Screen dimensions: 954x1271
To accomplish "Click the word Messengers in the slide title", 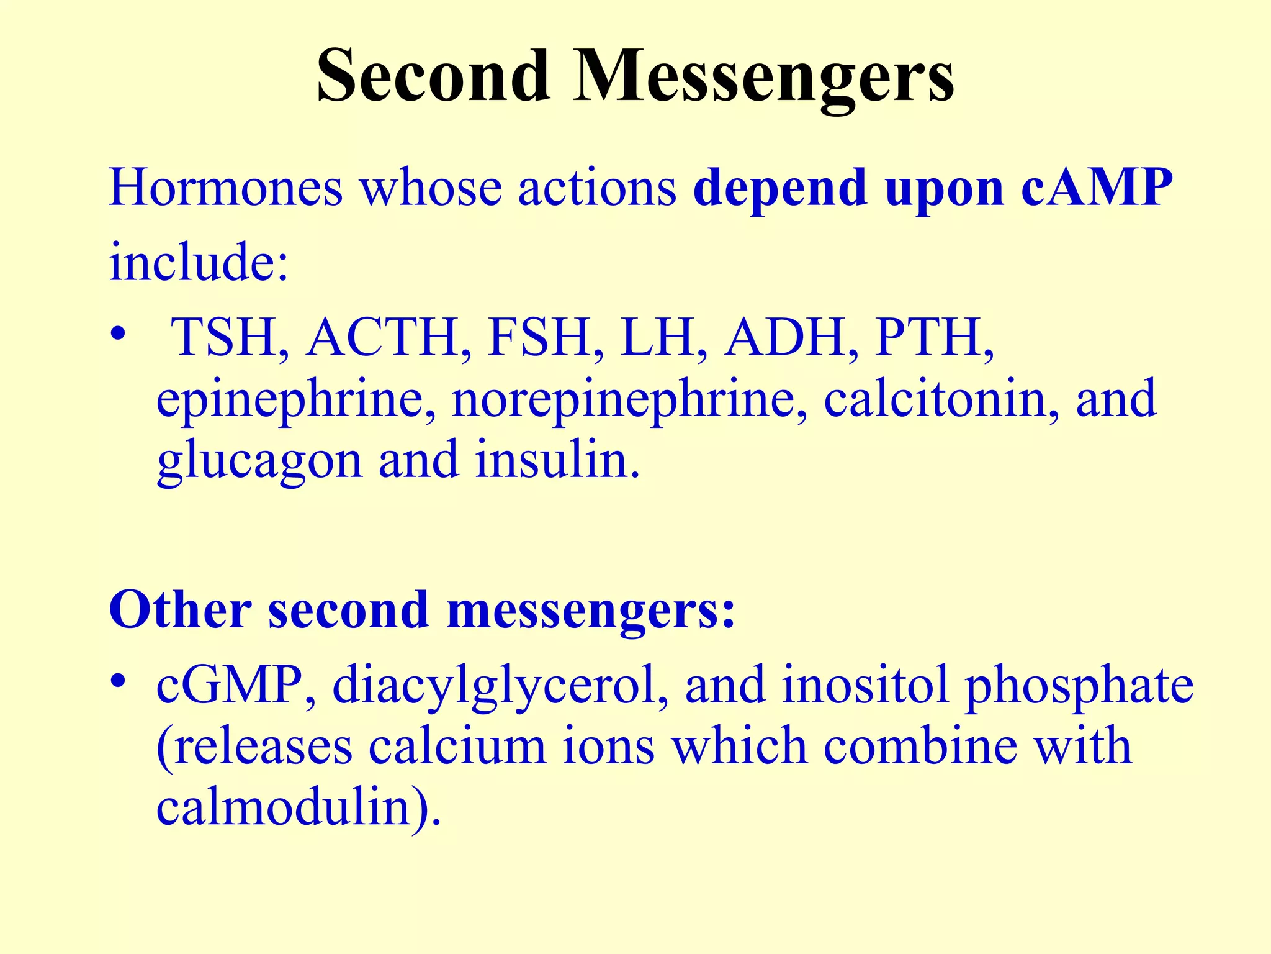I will pyautogui.click(x=763, y=78).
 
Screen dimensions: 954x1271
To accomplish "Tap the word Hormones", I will pyautogui.click(x=225, y=188).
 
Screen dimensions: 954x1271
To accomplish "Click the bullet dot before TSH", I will pyautogui.click(x=118, y=335).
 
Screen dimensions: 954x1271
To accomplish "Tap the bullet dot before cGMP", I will pyautogui.click(x=118, y=681).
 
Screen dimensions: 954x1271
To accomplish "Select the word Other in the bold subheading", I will pyautogui.click(x=180, y=610).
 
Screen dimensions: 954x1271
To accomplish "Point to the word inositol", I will pyautogui.click(x=865, y=684).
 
